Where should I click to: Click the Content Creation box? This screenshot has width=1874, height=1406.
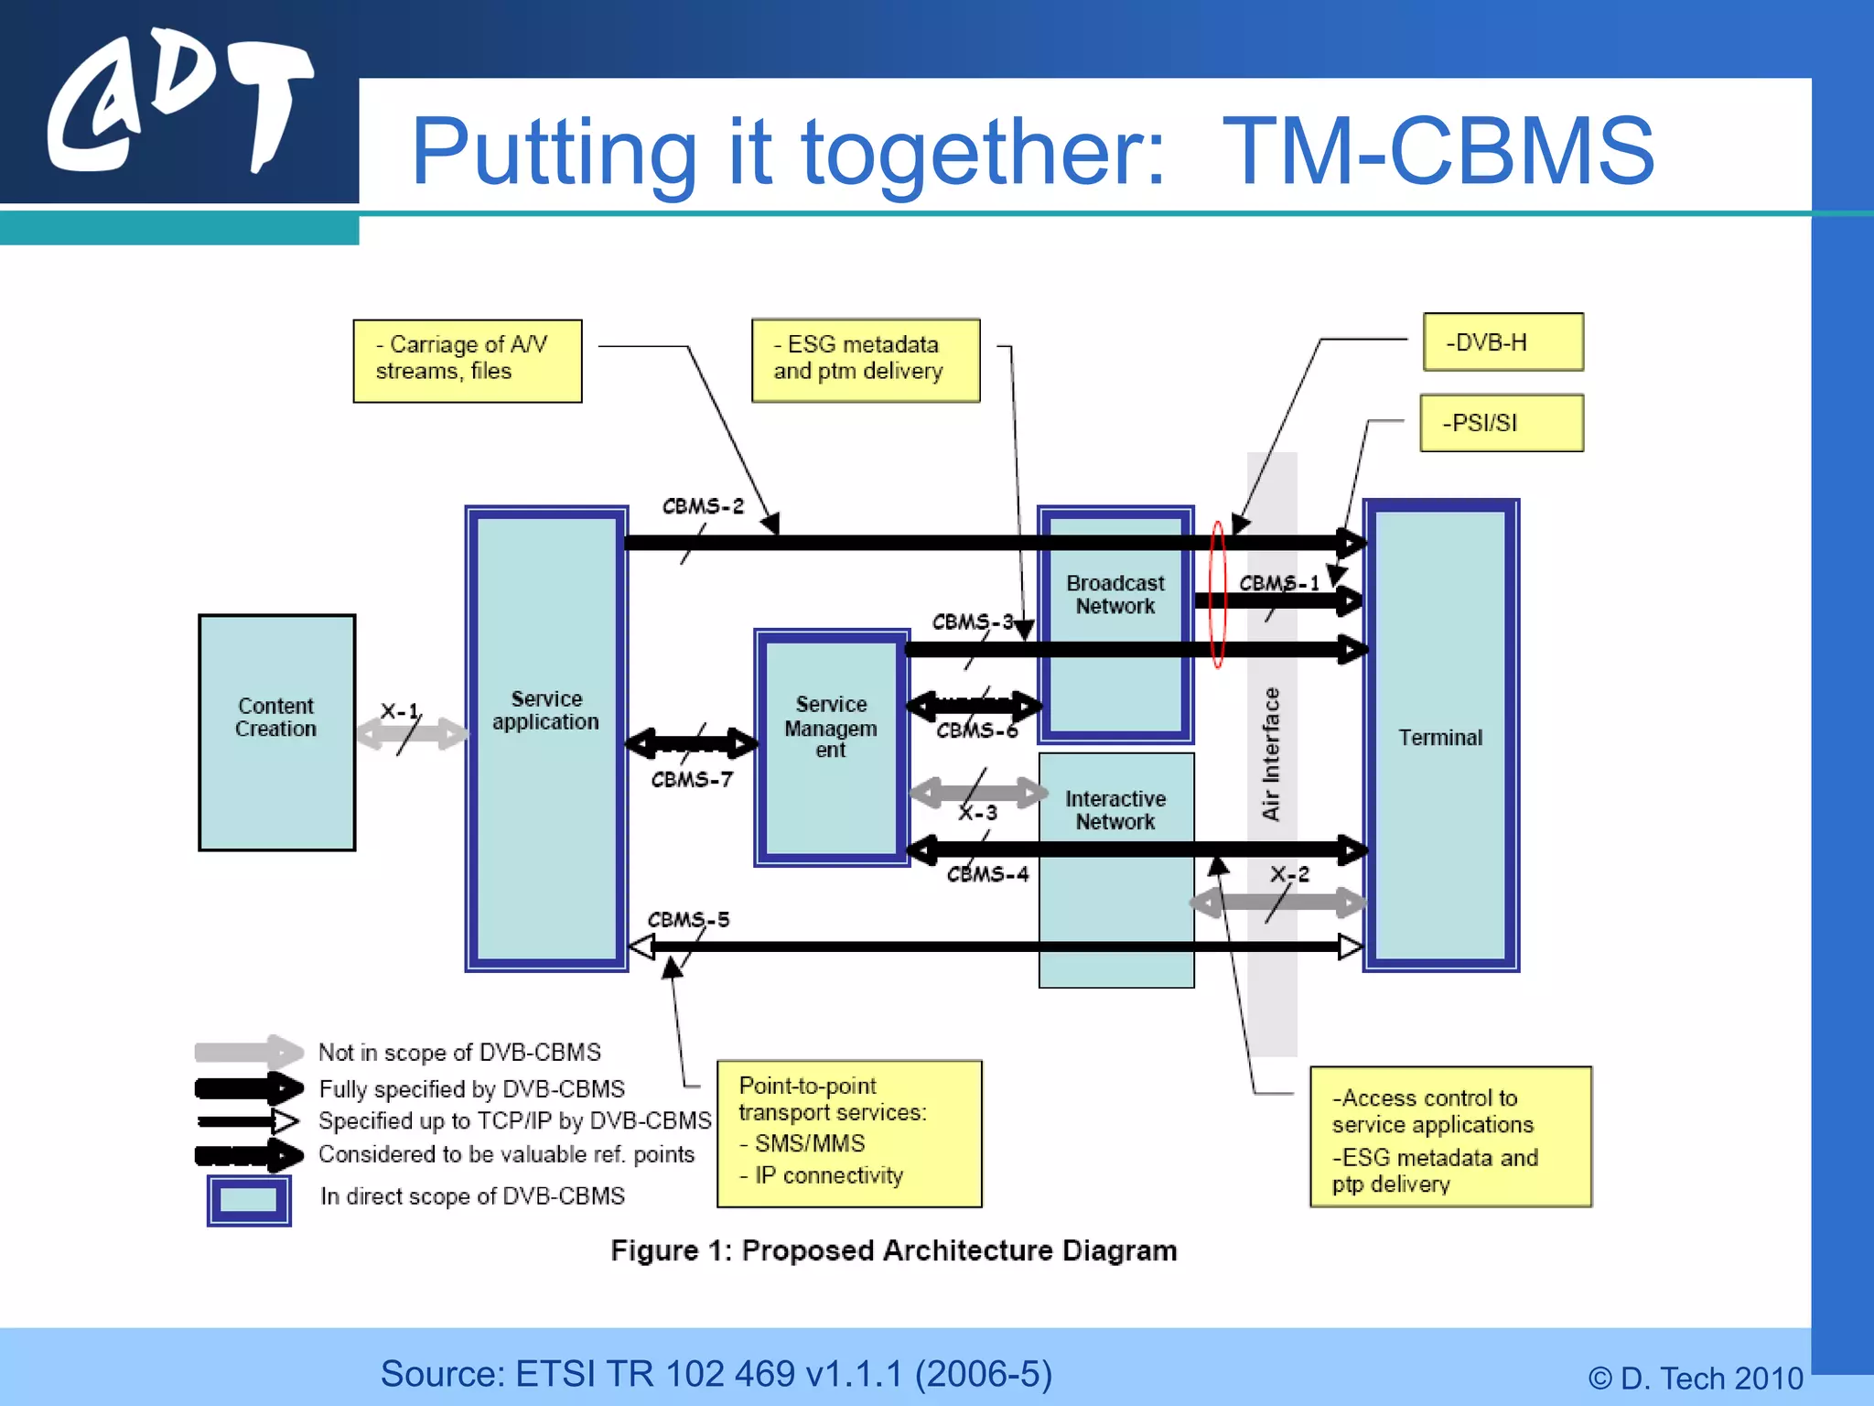point(276,732)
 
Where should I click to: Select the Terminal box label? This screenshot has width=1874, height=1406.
point(1439,738)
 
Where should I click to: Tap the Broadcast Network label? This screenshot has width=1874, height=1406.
point(1115,595)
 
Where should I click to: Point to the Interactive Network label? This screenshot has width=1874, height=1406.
point(1115,810)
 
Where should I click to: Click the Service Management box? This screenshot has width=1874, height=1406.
point(831,746)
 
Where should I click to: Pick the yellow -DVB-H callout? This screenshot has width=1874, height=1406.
point(1502,342)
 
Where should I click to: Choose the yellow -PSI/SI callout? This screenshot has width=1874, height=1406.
point(1501,423)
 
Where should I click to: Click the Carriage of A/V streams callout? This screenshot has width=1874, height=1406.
point(467,360)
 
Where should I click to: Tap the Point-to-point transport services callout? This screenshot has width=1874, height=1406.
point(849,1133)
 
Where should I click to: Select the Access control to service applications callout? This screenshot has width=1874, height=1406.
point(1449,1137)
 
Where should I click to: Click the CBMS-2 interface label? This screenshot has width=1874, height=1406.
point(703,506)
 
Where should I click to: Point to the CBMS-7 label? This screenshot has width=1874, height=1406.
point(692,780)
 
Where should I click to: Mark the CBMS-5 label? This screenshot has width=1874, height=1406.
point(688,919)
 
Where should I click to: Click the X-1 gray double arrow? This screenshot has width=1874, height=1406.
point(412,733)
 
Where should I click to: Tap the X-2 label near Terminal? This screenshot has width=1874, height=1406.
point(1289,874)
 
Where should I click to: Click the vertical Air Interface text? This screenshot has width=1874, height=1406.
point(1271,753)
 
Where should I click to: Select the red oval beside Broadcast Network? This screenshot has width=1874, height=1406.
point(1218,595)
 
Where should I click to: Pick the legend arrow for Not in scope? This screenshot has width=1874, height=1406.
point(248,1052)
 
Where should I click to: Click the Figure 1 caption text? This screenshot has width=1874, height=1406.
point(893,1250)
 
